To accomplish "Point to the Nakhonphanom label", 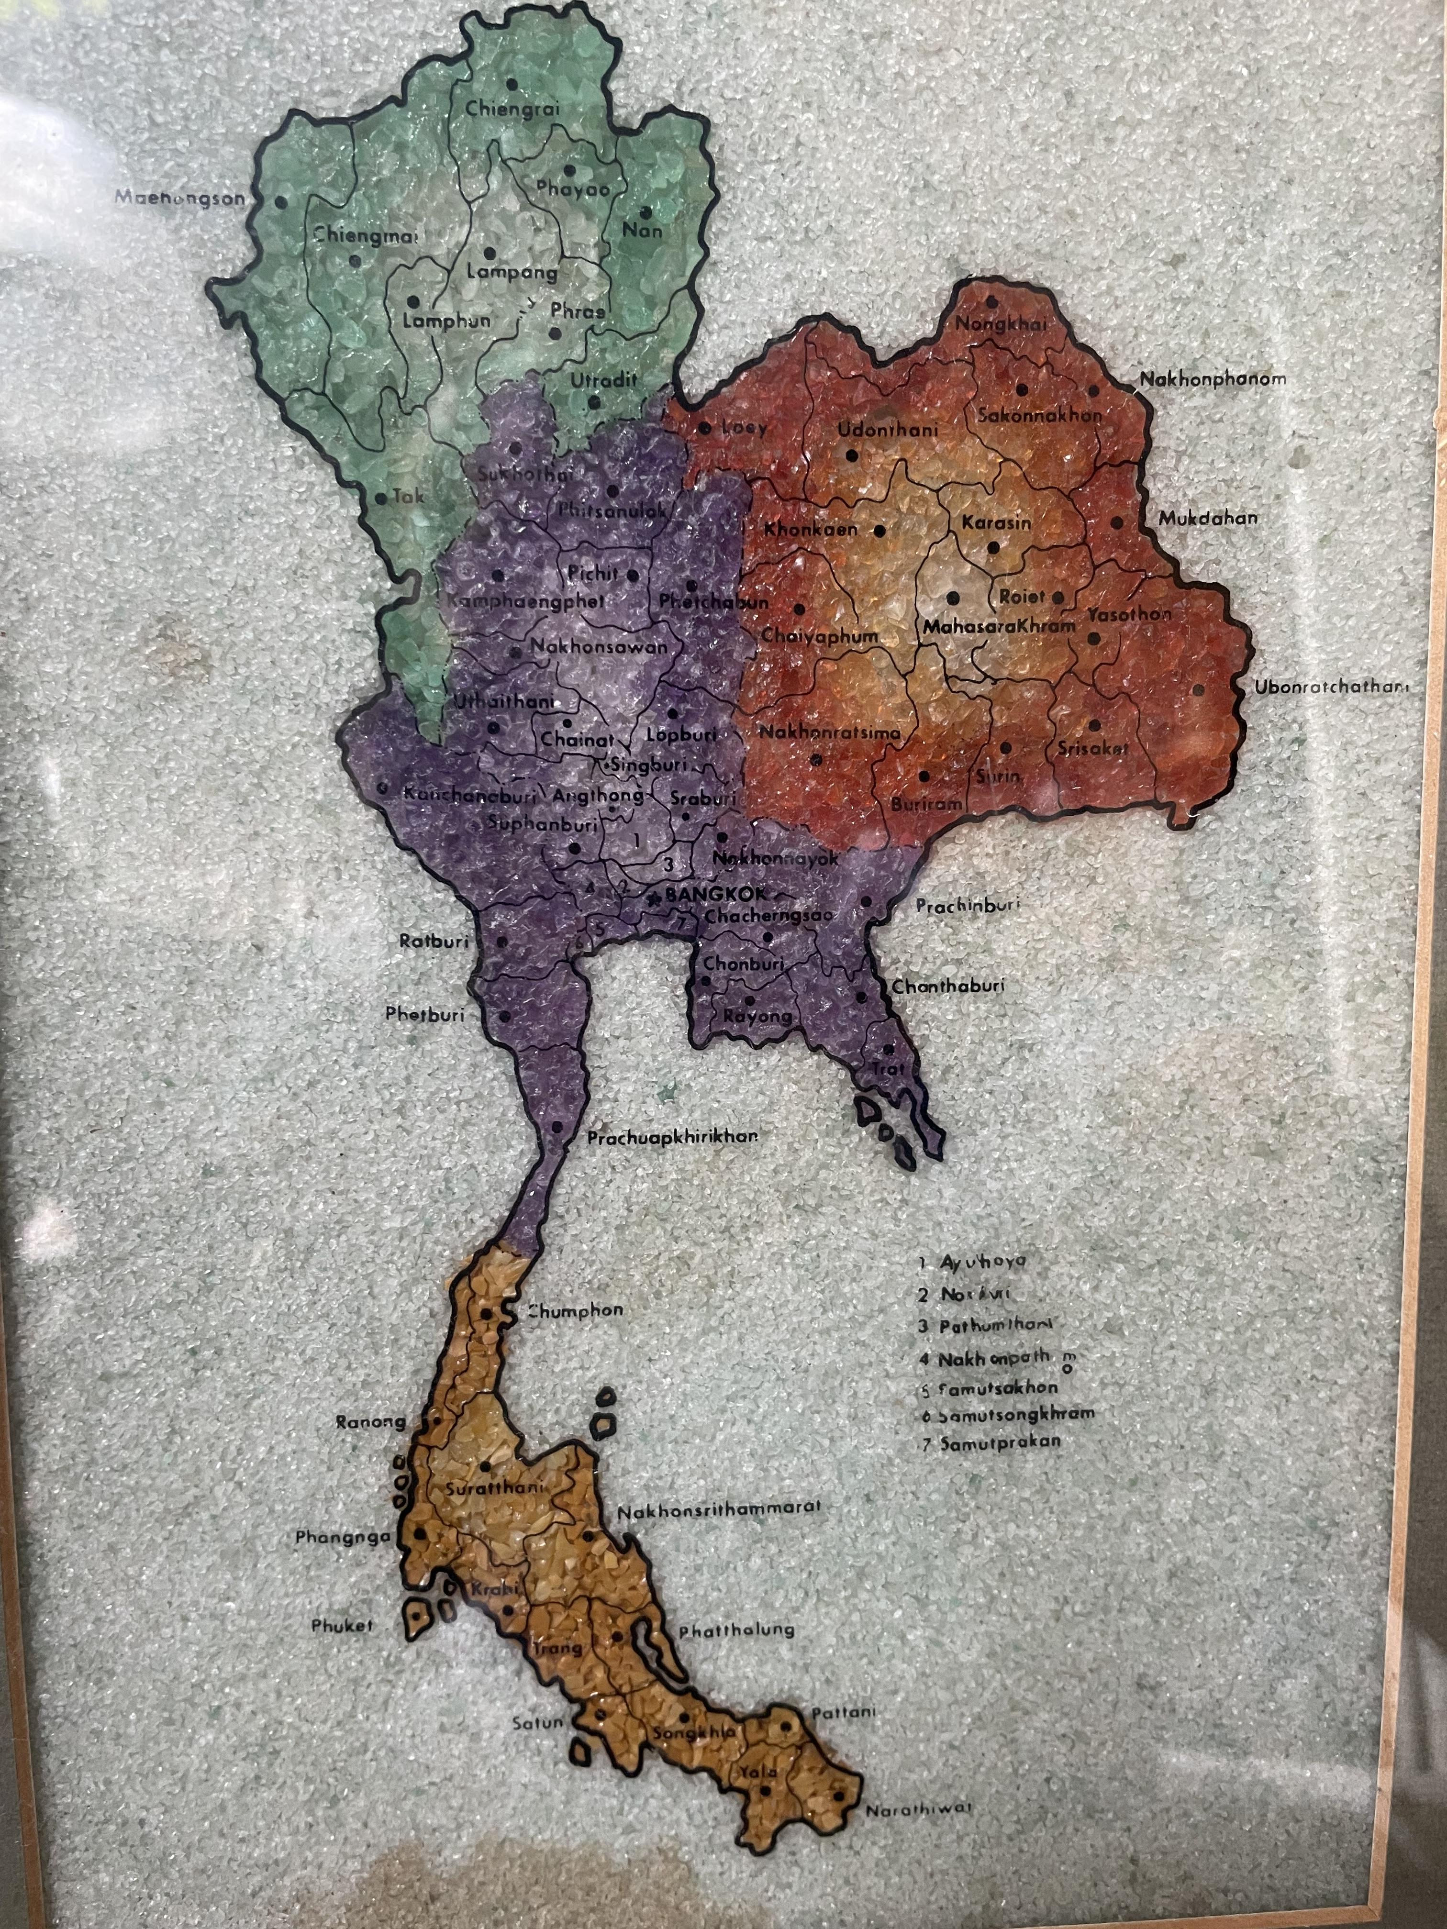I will coord(1213,379).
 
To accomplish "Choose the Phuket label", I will coord(343,1626).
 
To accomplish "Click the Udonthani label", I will coord(887,430).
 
